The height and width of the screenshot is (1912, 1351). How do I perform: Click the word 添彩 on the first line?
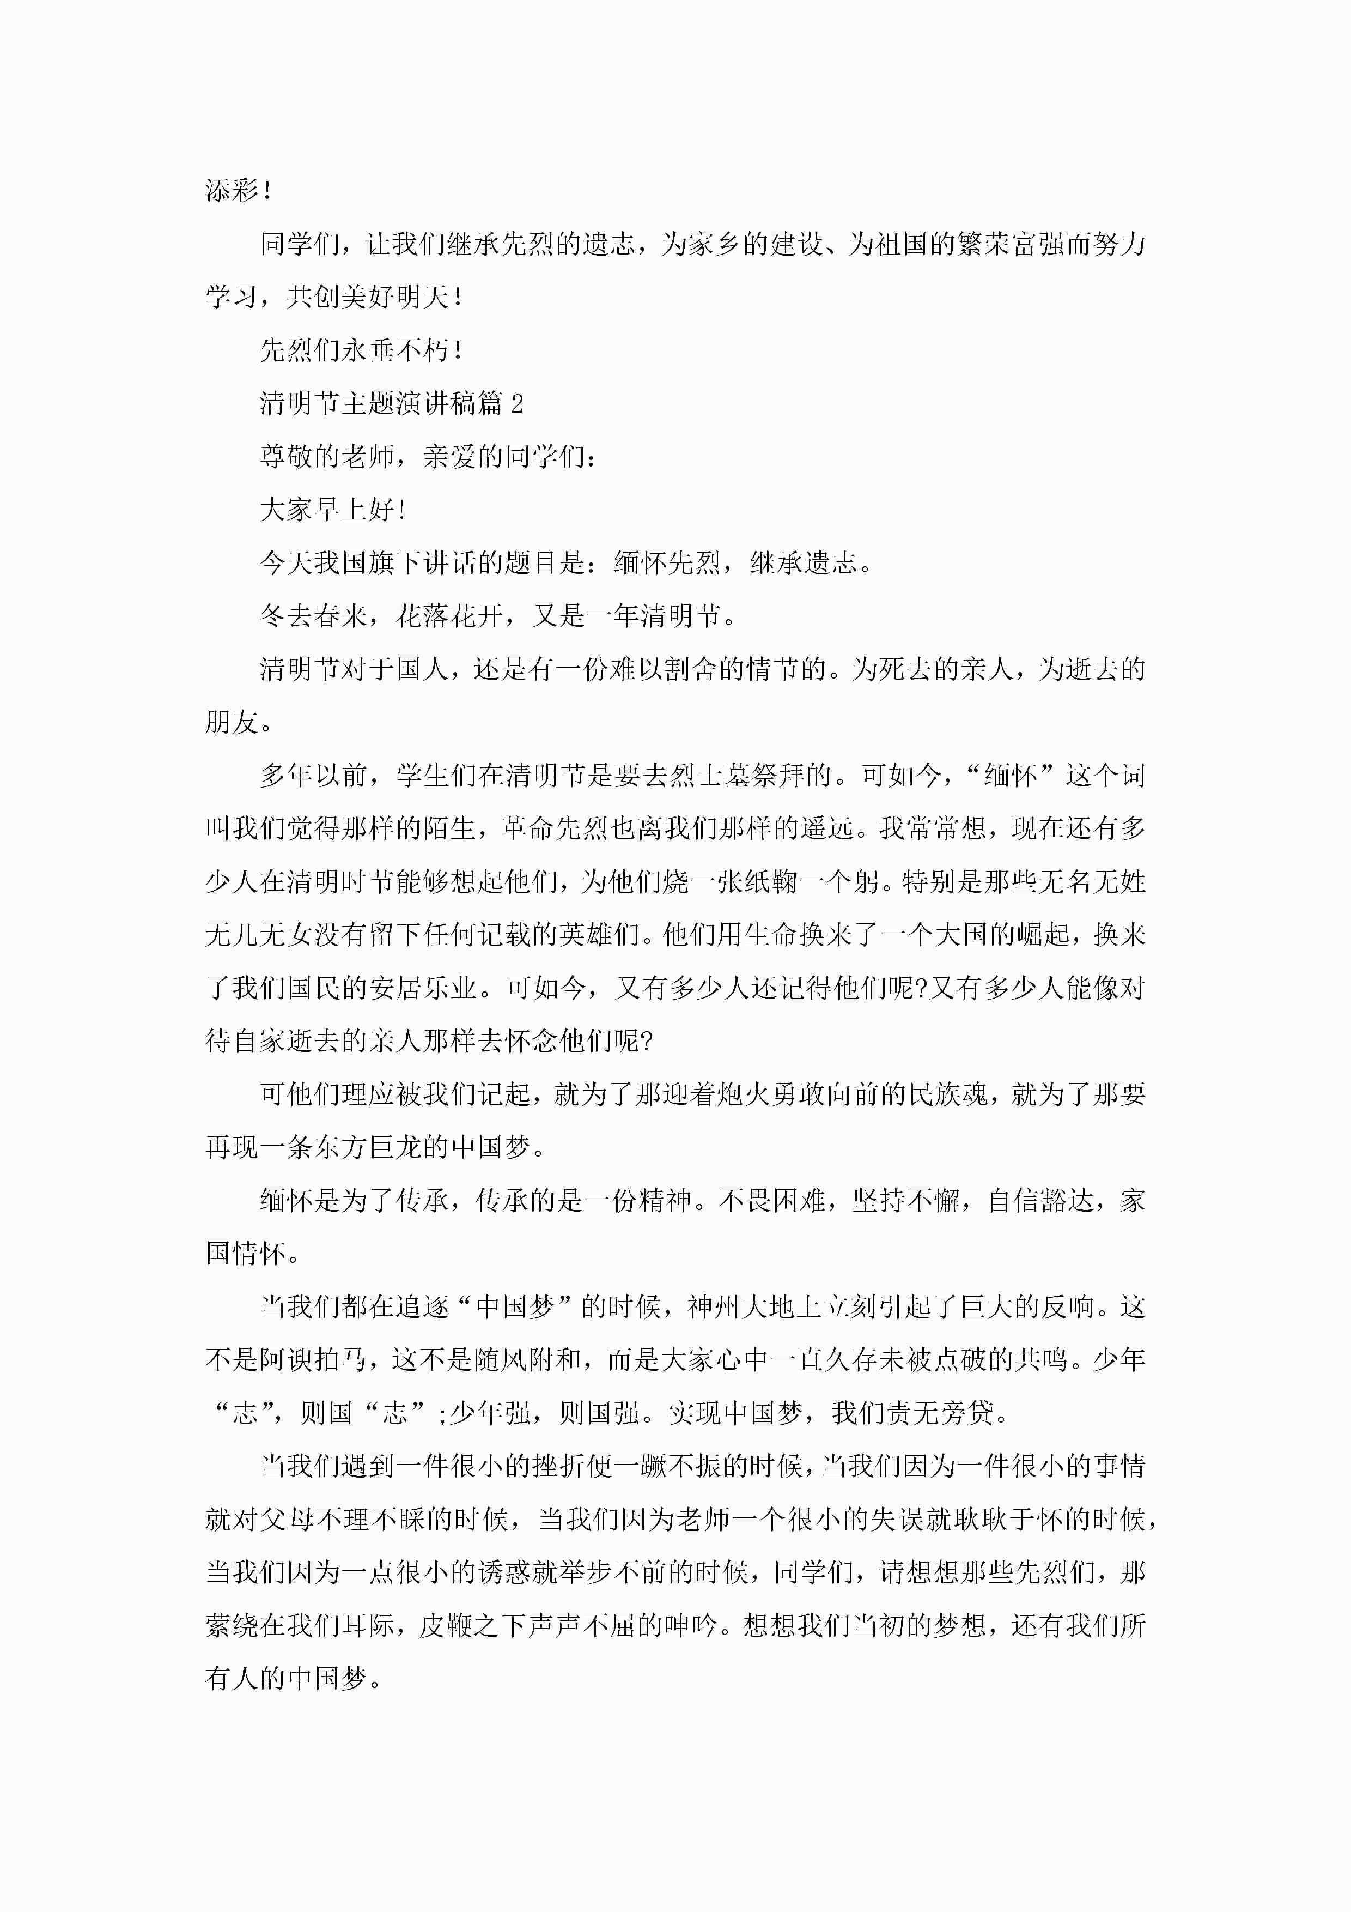(x=232, y=191)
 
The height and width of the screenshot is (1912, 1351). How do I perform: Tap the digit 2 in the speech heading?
(x=517, y=404)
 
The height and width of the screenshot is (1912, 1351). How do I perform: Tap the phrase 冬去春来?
(x=313, y=616)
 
